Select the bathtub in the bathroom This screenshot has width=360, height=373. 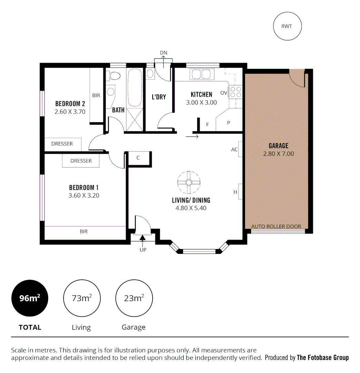pyautogui.click(x=135, y=88)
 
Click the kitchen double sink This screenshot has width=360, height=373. pyautogui.click(x=202, y=74)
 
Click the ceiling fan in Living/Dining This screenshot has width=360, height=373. pyautogui.click(x=189, y=182)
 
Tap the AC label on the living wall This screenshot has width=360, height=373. pyautogui.click(x=234, y=150)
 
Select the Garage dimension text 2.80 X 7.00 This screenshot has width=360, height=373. pyautogui.click(x=279, y=154)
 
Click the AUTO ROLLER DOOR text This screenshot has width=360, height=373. pyautogui.click(x=276, y=227)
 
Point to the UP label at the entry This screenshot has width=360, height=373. pyautogui.click(x=143, y=250)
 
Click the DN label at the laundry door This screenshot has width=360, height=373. pyautogui.click(x=163, y=52)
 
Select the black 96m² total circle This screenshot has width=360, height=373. pyautogui.click(x=30, y=298)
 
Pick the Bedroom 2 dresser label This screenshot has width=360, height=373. pyautogui.click(x=62, y=144)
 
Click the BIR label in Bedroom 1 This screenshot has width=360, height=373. pyautogui.click(x=84, y=231)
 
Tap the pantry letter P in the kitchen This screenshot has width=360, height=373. pyautogui.click(x=228, y=123)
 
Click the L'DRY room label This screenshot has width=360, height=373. pyautogui.click(x=159, y=97)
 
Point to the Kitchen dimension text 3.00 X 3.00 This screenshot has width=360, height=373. pyautogui.click(x=202, y=103)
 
